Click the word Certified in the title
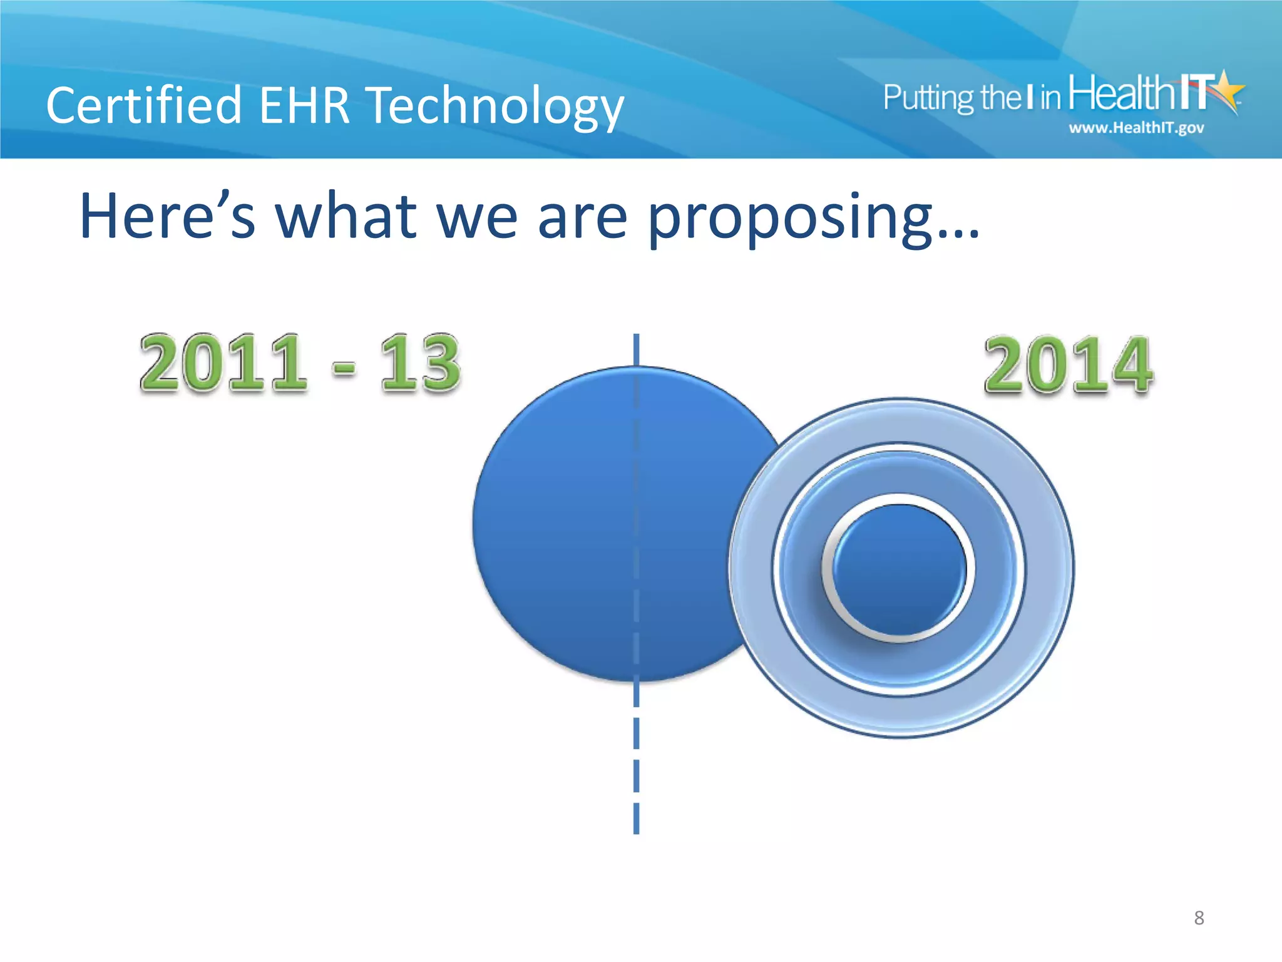tap(144, 105)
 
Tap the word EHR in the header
tap(304, 105)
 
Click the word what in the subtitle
tap(346, 216)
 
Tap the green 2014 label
tap(1068, 365)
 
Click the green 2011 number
tap(223, 363)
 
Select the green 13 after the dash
tap(420, 363)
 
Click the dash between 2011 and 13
tap(344, 368)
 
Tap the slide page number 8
tap(1199, 918)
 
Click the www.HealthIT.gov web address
tap(1136, 128)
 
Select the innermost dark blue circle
tap(899, 569)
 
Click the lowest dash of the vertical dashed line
tap(637, 818)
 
